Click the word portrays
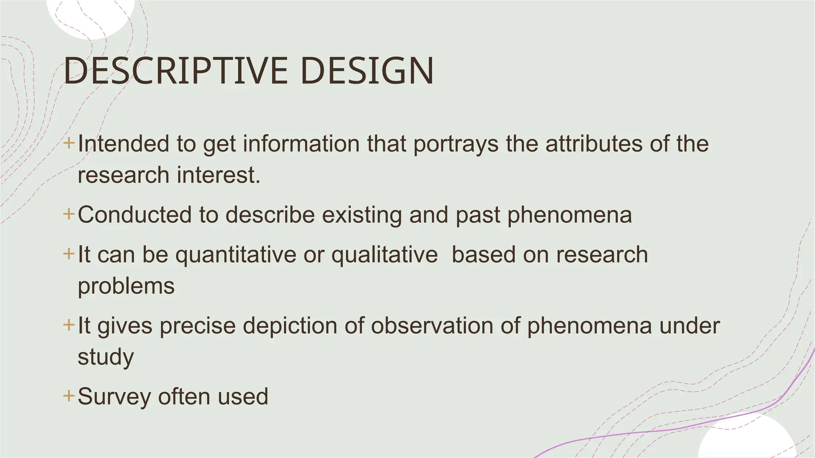tap(456, 144)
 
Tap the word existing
tap(362, 215)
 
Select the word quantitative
tap(236, 254)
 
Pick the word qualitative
tap(384, 254)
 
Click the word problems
tap(126, 286)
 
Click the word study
tap(105, 357)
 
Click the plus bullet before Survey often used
tap(69, 396)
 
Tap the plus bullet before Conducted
tap(69, 214)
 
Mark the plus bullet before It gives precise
tap(69, 325)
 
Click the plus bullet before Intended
tap(69, 143)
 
